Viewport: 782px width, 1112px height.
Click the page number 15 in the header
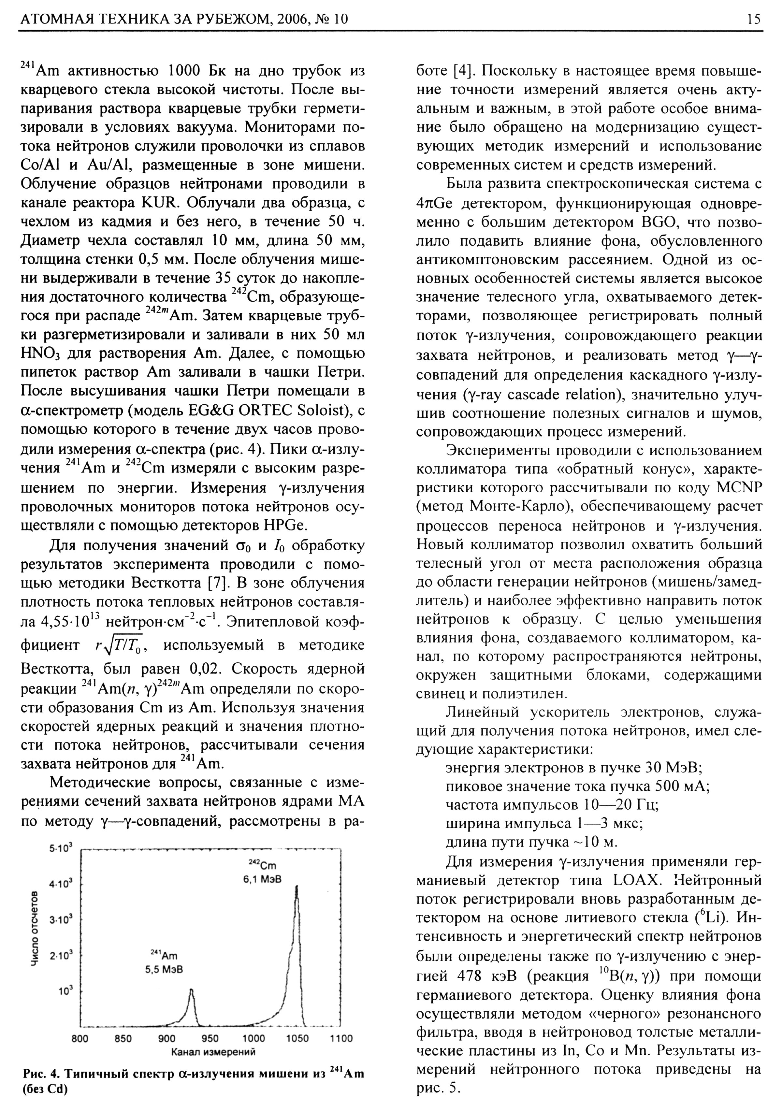pos(753,19)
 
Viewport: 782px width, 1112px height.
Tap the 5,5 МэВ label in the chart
pos(164,970)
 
